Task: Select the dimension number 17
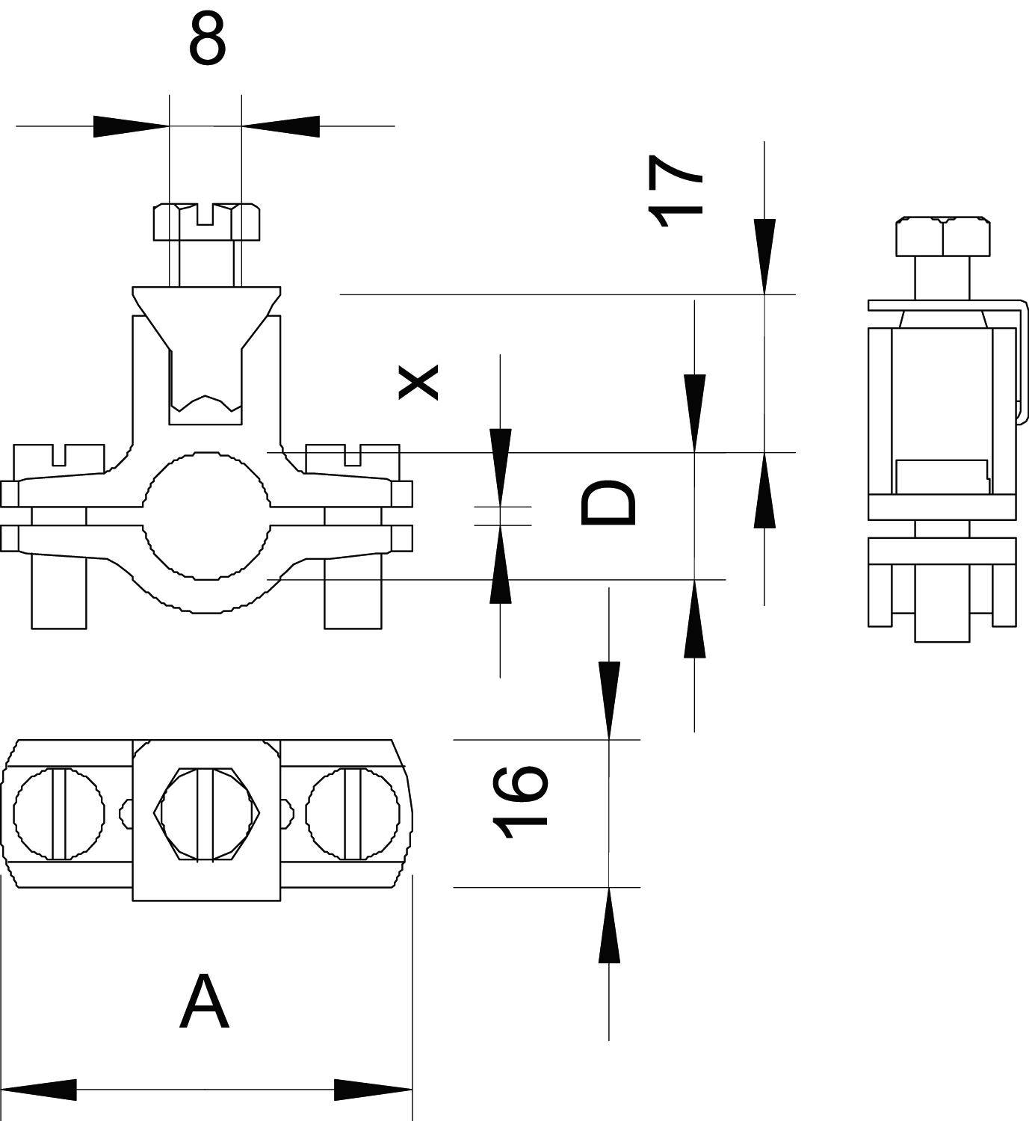tap(675, 190)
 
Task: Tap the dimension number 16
tap(521, 802)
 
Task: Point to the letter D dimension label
tap(608, 503)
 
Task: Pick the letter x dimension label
tap(418, 382)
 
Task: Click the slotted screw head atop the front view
tap(207, 221)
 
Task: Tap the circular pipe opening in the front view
tap(206, 515)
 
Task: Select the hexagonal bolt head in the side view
tap(943, 236)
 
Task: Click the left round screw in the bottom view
tap(59, 812)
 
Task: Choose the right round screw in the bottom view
tap(353, 812)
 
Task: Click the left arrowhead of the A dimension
tap(41, 1090)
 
